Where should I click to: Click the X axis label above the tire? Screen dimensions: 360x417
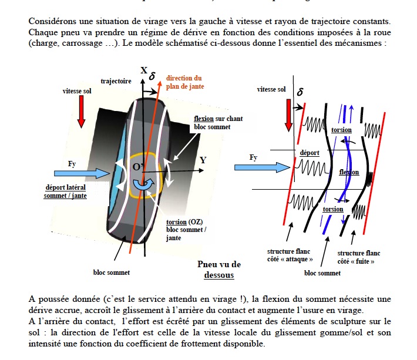pos(144,70)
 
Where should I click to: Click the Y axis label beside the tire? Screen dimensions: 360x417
pos(203,160)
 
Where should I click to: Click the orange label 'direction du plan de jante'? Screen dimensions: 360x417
pos(184,82)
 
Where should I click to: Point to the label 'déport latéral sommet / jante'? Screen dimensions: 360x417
pos(65,191)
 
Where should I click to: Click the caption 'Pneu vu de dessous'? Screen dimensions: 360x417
pos(218,269)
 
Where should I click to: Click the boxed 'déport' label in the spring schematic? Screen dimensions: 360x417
pos(310,153)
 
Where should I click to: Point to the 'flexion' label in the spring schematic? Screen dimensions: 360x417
pos(349,173)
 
